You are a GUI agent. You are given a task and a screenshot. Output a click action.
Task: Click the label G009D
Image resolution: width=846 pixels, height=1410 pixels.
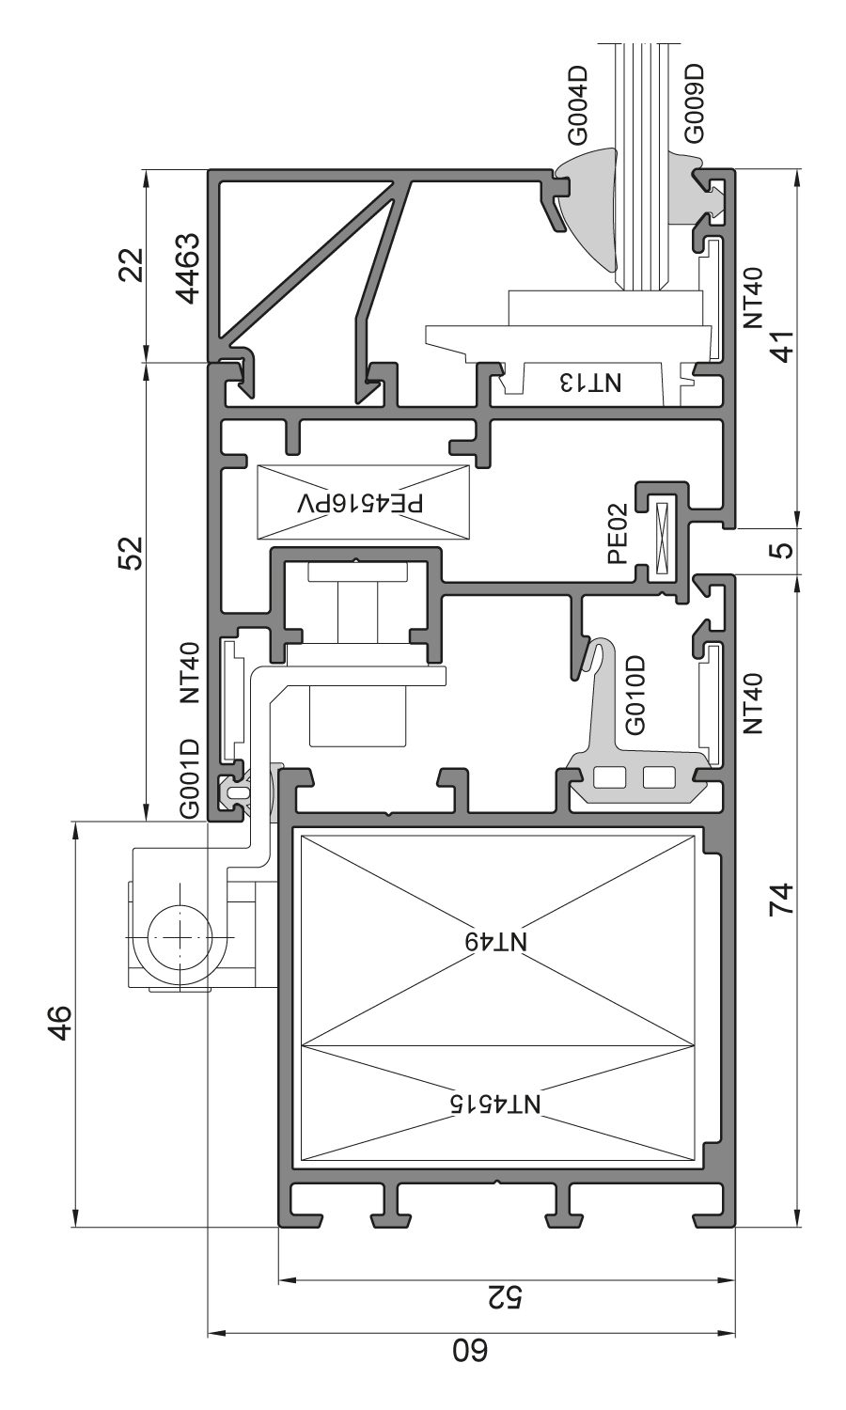click(x=696, y=103)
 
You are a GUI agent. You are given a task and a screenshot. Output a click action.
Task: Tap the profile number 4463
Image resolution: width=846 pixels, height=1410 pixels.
click(x=191, y=269)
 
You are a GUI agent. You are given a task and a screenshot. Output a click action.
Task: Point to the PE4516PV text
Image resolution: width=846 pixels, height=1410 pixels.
click(x=361, y=502)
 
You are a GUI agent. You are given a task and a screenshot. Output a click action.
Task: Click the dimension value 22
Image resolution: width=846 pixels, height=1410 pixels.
click(x=133, y=264)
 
